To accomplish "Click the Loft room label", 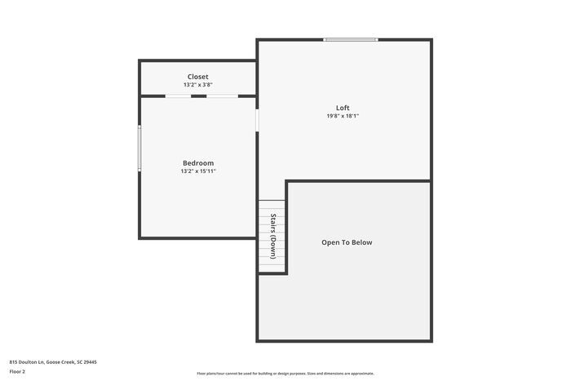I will [343, 108].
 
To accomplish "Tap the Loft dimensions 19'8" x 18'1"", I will [343, 117].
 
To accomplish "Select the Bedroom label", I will [198, 163].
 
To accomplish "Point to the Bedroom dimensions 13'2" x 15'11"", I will [198, 171].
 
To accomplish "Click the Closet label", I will [198, 77].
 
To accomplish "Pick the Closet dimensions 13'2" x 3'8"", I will [198, 85].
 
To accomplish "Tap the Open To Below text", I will [347, 242].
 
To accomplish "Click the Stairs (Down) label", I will [273, 237].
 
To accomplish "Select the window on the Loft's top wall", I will [351, 39].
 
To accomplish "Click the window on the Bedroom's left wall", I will [139, 147].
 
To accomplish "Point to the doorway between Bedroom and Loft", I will [257, 120].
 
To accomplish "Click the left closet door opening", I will [179, 96].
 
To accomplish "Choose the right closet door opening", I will [222, 96].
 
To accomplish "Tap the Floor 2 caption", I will [17, 371].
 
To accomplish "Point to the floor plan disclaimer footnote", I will [285, 374].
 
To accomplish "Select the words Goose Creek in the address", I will [61, 361].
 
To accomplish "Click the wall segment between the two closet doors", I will [200, 96].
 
